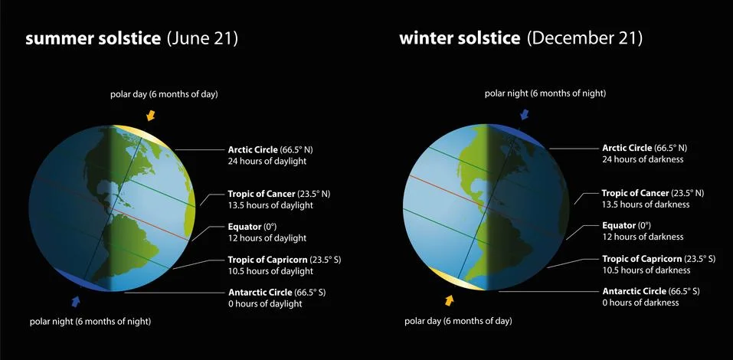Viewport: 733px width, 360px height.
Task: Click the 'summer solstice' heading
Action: [x=93, y=39]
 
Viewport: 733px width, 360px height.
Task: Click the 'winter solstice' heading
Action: [x=460, y=38]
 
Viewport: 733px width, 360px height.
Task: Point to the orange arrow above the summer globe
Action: [x=151, y=115]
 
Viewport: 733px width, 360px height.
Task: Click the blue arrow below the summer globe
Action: [x=75, y=299]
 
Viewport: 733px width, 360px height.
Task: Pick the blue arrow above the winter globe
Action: [x=525, y=114]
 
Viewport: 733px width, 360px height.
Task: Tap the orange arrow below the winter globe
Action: [x=449, y=299]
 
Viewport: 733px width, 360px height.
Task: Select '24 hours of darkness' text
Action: [x=642, y=159]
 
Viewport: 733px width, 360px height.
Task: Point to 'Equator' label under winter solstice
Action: [x=620, y=225]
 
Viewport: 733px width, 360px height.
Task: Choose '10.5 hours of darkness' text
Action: [x=646, y=270]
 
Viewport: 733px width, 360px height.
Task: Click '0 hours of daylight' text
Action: [x=265, y=303]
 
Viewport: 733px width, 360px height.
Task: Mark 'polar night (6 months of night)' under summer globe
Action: [x=90, y=321]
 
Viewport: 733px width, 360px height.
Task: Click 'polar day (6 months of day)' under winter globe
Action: [x=457, y=320]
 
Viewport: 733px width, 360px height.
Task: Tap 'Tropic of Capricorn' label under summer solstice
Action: [x=266, y=260]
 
